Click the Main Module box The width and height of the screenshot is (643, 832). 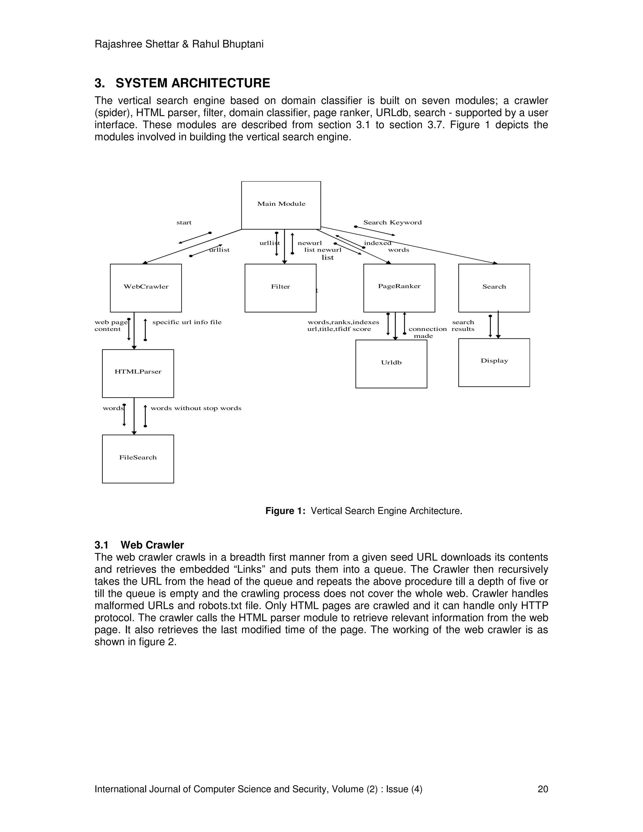tap(281, 205)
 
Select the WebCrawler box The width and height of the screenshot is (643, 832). tap(146, 288)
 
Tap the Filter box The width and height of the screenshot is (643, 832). tap(280, 288)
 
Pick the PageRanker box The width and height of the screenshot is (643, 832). tap(399, 288)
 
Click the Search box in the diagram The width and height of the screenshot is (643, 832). tap(494, 288)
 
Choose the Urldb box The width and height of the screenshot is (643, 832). tap(391, 364)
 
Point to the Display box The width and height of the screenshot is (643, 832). tap(494, 362)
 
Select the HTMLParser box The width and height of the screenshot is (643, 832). tap(138, 373)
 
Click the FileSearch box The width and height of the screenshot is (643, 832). tap(138, 458)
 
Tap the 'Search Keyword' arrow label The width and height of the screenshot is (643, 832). tap(392, 223)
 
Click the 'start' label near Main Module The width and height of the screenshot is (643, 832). tap(184, 223)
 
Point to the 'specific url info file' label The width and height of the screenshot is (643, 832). tap(187, 322)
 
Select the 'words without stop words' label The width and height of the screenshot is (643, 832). tap(196, 408)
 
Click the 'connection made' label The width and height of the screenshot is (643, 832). tap(427, 332)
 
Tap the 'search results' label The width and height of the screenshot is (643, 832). tap(463, 326)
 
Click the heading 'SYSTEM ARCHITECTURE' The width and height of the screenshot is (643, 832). tap(193, 83)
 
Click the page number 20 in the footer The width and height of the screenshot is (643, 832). tap(543, 789)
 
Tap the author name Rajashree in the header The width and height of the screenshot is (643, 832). tap(118, 44)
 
